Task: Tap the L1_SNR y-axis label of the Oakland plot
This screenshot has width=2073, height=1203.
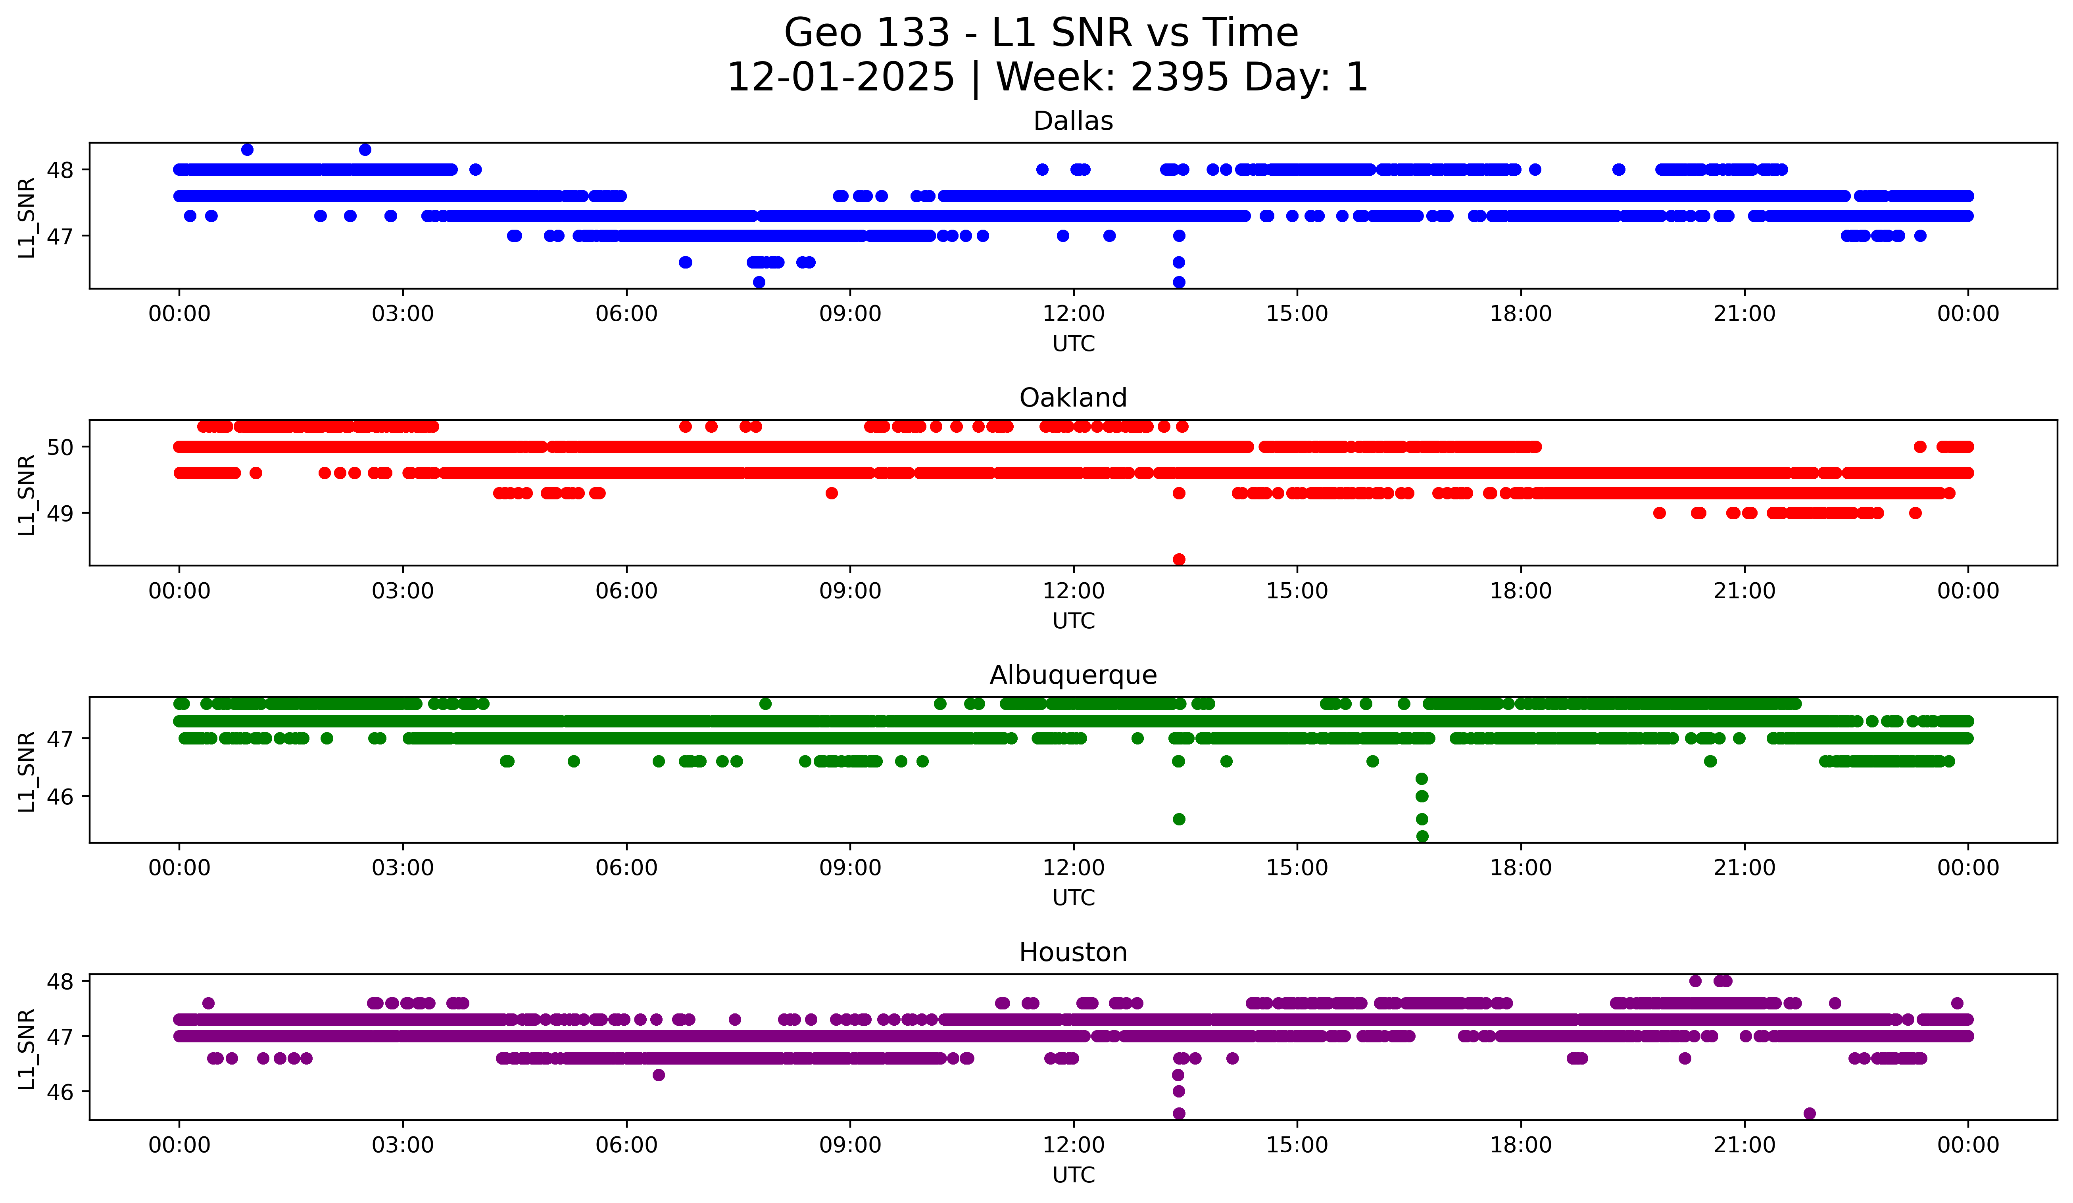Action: click(26, 494)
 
